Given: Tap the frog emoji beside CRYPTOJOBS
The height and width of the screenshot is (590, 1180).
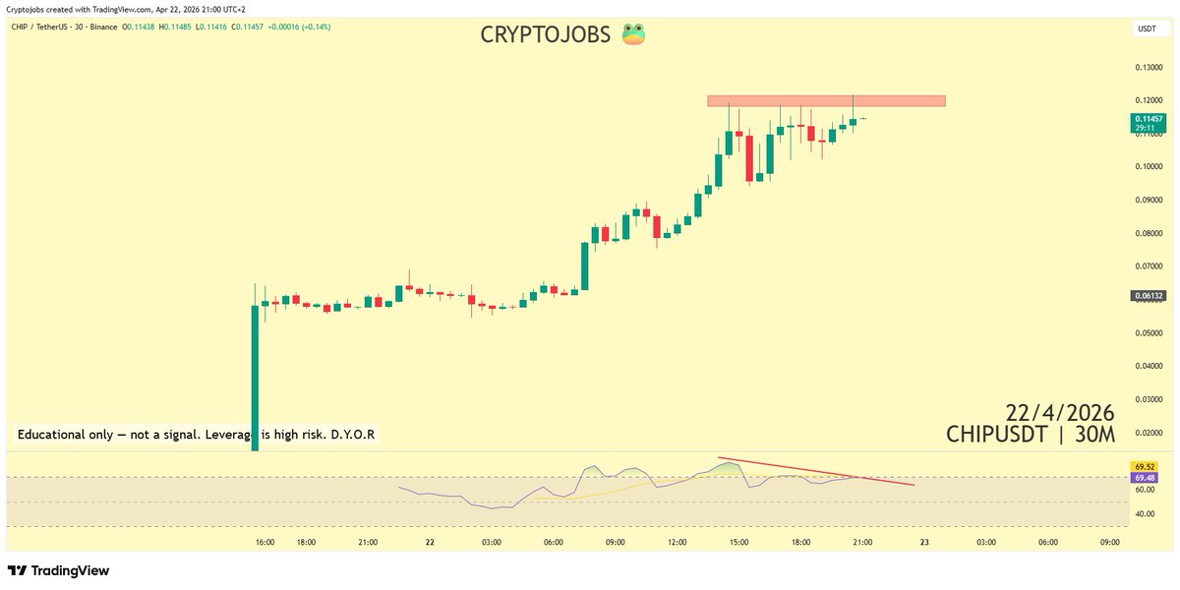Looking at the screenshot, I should (x=631, y=34).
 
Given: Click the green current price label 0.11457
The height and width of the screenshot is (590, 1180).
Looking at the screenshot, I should (x=1147, y=118).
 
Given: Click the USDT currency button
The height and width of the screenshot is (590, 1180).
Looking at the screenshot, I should (x=1147, y=29).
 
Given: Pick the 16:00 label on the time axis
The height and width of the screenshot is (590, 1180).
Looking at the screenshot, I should (x=265, y=542).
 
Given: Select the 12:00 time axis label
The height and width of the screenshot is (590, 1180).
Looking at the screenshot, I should (x=677, y=542).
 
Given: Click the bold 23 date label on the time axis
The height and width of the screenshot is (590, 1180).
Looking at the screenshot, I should (x=924, y=542).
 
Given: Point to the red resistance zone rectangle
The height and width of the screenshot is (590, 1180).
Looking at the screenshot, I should (x=826, y=100).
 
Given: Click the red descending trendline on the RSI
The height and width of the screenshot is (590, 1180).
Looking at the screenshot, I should (x=816, y=471).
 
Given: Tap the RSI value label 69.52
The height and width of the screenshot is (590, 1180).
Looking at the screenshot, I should (x=1145, y=466).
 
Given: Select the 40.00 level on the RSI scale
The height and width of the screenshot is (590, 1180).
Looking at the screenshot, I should (x=1144, y=513).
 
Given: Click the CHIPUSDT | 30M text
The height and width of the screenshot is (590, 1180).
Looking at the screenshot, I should (x=1031, y=434).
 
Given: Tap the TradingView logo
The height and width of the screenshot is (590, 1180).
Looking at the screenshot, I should (x=59, y=570).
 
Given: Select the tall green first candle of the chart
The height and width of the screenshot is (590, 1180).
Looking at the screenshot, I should (x=256, y=374).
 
